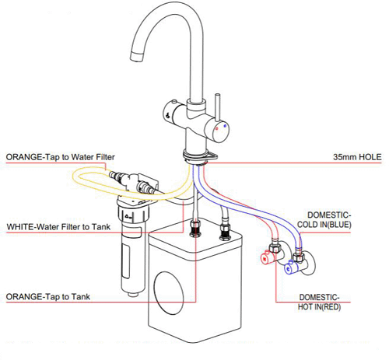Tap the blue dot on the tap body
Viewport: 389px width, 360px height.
pyautogui.click(x=225, y=124)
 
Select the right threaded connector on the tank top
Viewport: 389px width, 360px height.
pyautogui.click(x=225, y=230)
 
